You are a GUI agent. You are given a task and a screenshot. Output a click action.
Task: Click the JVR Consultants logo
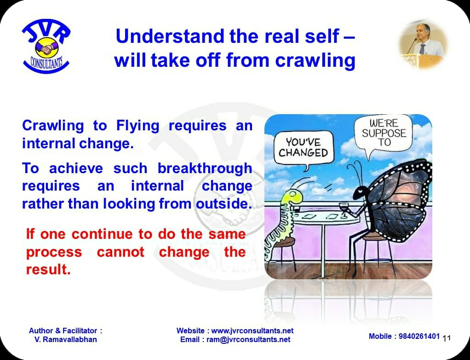(x=46, y=46)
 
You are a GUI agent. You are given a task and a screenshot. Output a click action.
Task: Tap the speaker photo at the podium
(x=423, y=45)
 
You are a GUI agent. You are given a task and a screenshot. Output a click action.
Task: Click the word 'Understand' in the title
(x=170, y=36)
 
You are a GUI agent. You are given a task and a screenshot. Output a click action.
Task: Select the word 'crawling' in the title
(x=315, y=60)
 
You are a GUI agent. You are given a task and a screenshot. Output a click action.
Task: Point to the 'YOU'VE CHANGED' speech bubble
(x=304, y=149)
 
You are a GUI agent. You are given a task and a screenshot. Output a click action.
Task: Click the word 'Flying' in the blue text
(x=138, y=126)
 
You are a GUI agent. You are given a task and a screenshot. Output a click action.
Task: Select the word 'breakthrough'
(x=205, y=168)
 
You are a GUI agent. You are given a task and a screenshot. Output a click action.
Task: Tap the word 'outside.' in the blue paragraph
(x=224, y=204)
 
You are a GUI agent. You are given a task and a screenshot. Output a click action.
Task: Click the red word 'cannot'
(x=121, y=252)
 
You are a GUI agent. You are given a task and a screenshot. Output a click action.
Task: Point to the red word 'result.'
(x=48, y=269)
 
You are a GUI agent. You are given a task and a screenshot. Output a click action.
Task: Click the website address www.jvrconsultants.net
(x=252, y=331)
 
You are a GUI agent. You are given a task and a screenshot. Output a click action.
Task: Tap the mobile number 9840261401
(x=419, y=337)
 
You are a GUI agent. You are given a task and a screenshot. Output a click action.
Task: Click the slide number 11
(x=447, y=338)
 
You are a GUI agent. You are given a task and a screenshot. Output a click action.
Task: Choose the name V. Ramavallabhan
(x=66, y=340)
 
